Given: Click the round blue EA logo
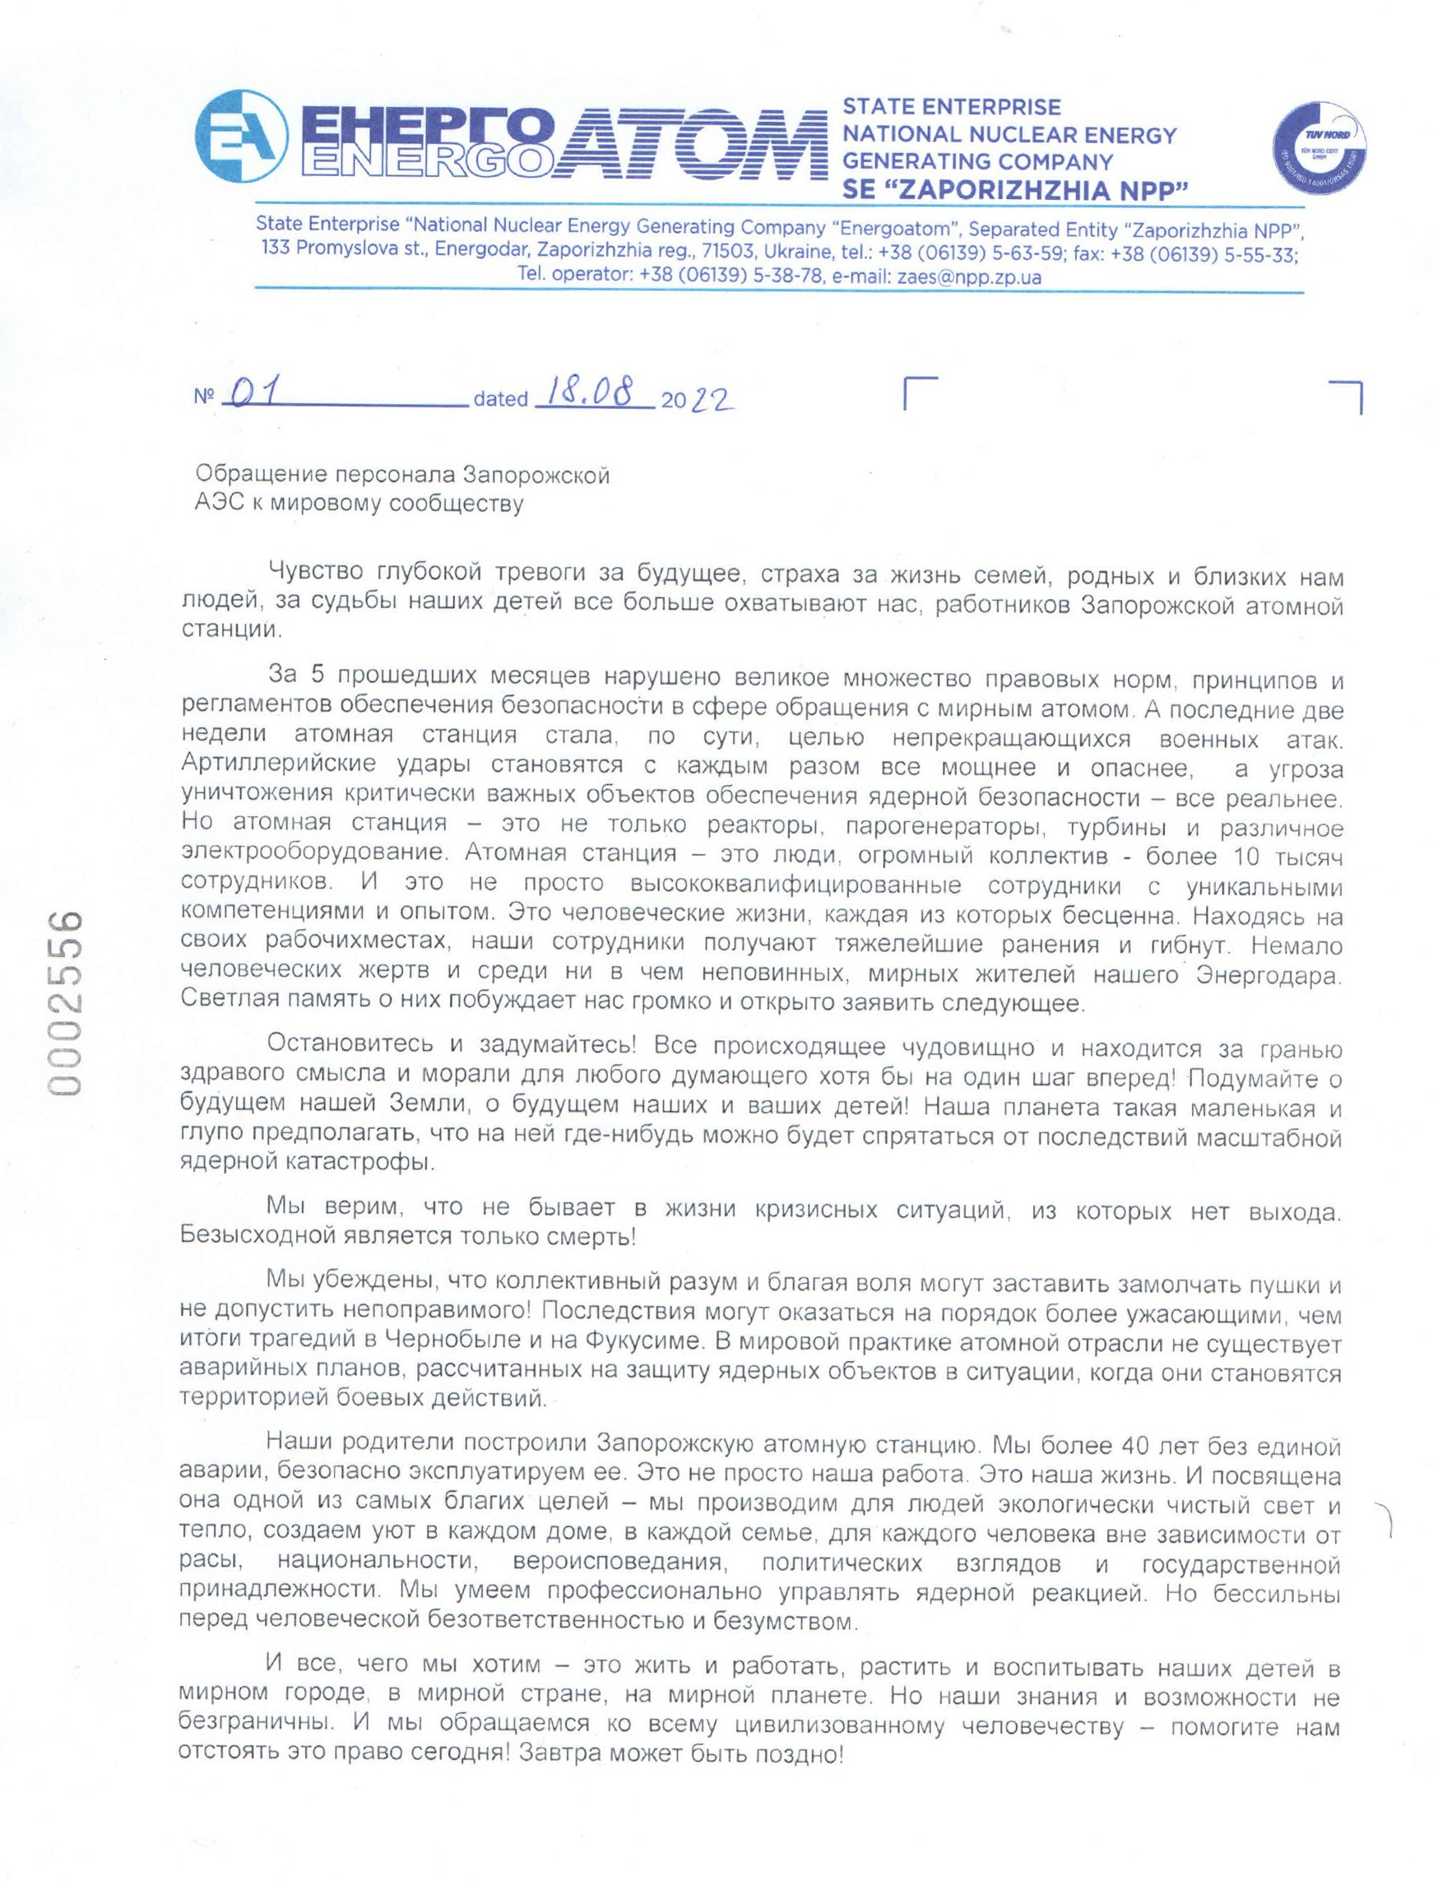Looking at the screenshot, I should coord(239,137).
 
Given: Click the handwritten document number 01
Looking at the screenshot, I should coord(257,394).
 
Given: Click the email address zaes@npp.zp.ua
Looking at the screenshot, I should coord(969,277).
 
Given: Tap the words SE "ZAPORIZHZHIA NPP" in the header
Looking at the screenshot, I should coord(1015,189).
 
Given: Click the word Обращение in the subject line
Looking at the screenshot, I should coord(259,474).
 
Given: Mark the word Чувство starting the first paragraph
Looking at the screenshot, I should coord(316,571).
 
